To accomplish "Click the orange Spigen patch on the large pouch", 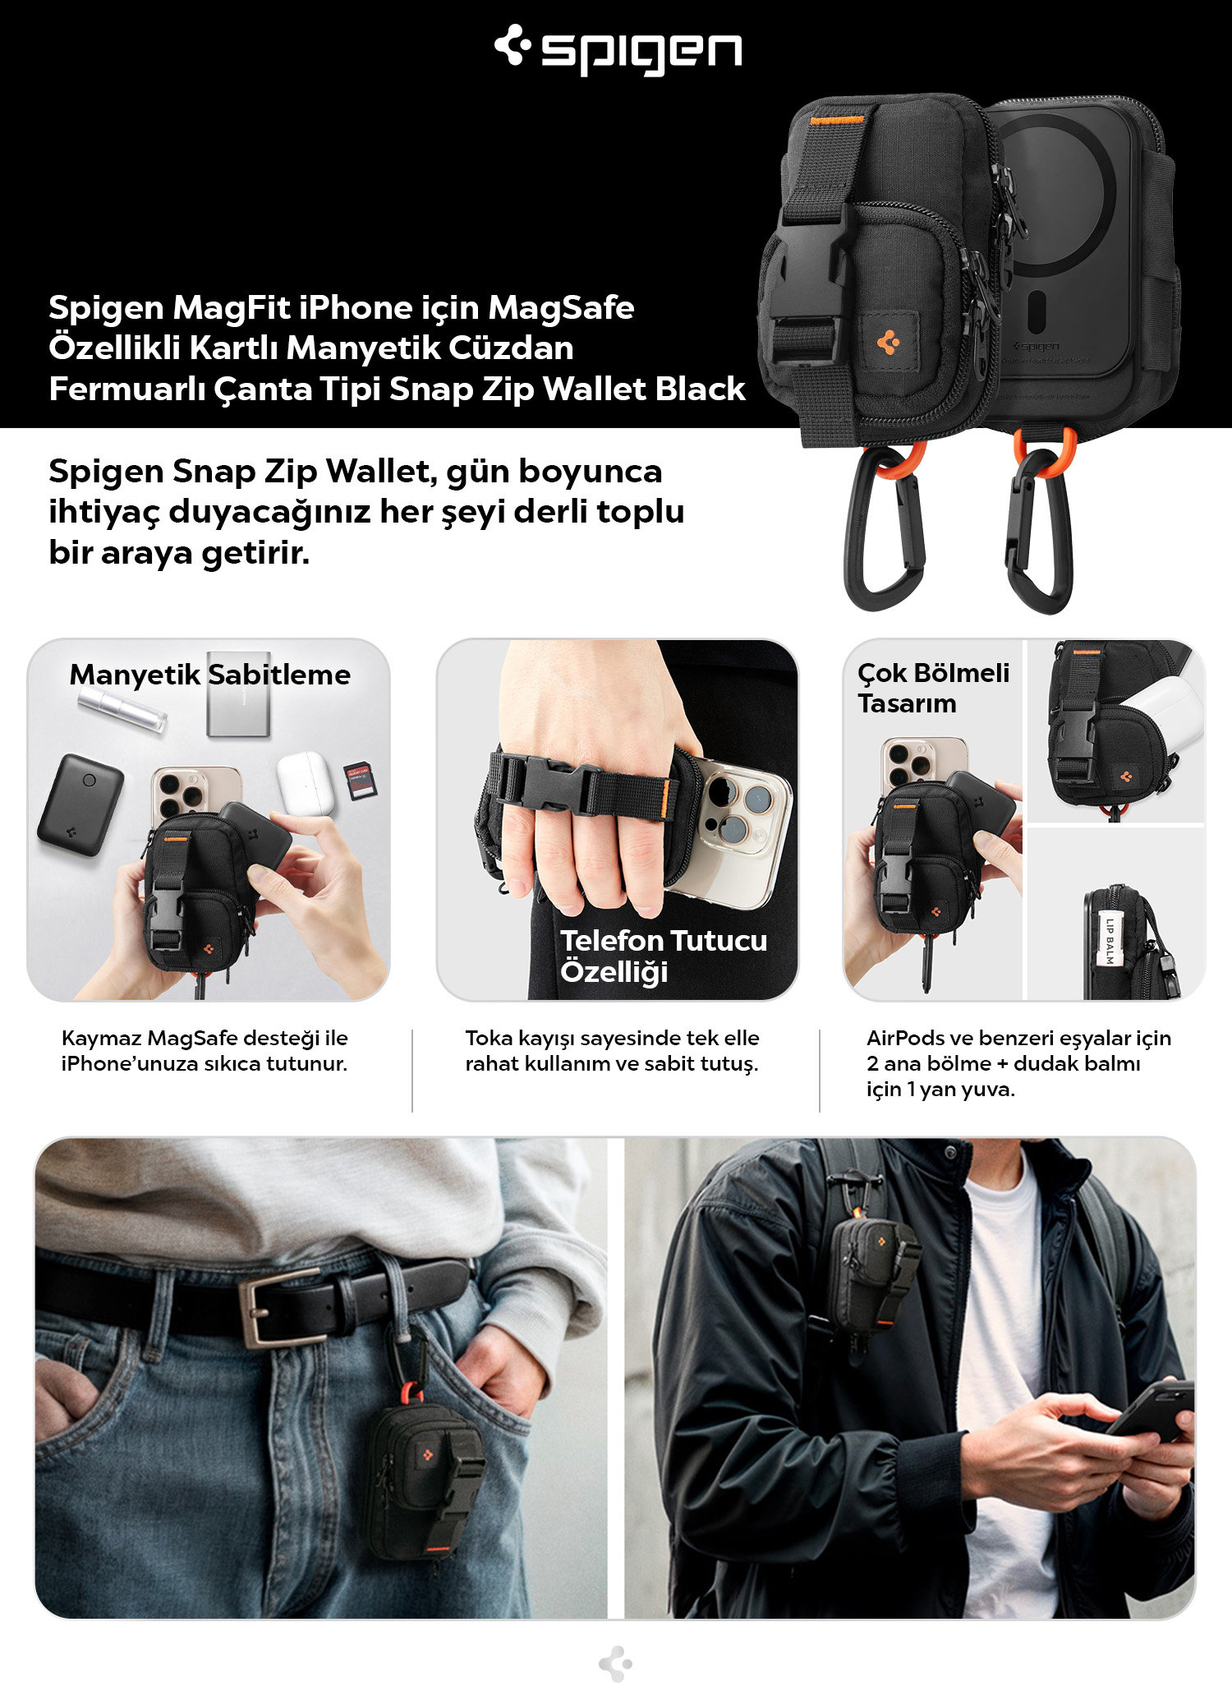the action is pyautogui.click(x=888, y=341).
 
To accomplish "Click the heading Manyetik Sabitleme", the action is pyautogui.click(x=209, y=675).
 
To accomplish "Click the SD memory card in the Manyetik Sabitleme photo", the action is pyautogui.click(x=360, y=781).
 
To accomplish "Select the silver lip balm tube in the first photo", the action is pyautogui.click(x=123, y=709).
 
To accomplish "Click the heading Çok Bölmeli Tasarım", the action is pyautogui.click(x=933, y=688).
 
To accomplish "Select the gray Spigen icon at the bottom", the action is pyautogui.click(x=616, y=1665).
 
